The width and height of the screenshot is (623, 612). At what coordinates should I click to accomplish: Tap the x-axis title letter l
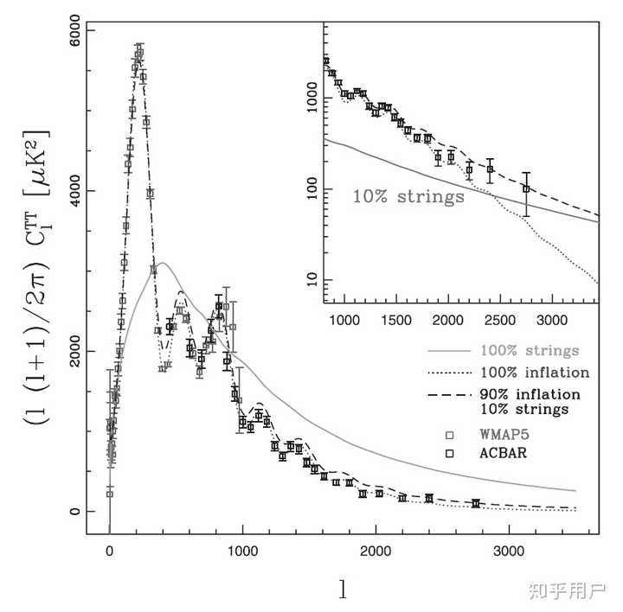click(344, 590)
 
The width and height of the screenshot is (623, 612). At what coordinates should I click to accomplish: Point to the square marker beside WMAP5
click(449, 433)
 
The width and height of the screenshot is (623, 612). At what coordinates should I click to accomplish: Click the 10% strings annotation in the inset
click(408, 196)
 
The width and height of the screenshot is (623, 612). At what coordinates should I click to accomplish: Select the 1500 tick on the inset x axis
click(397, 319)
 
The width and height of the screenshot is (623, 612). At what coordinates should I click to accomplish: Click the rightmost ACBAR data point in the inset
click(526, 188)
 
